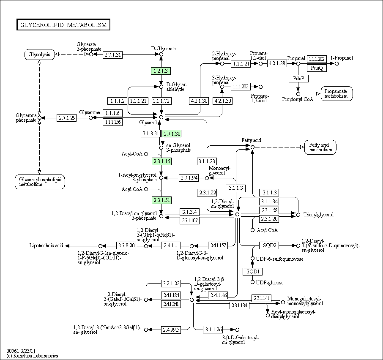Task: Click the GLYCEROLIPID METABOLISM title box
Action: [63, 25]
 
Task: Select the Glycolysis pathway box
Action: [39, 55]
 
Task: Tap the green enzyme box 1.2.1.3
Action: [161, 71]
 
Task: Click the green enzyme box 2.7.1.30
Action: [172, 134]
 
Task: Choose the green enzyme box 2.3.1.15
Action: [161, 161]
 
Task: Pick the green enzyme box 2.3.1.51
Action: [161, 200]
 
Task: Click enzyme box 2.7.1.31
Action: [112, 55]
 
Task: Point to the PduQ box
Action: [317, 68]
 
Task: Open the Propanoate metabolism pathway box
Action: [336, 93]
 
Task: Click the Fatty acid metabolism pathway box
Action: [320, 147]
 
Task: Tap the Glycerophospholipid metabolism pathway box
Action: [39, 181]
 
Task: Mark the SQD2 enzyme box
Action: [270, 245]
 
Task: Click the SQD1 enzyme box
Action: [252, 271]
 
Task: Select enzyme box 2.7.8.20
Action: [126, 245]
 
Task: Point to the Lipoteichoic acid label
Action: [47, 245]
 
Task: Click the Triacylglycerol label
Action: [318, 215]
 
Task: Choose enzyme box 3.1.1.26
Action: [213, 330]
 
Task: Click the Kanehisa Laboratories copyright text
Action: [32, 356]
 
